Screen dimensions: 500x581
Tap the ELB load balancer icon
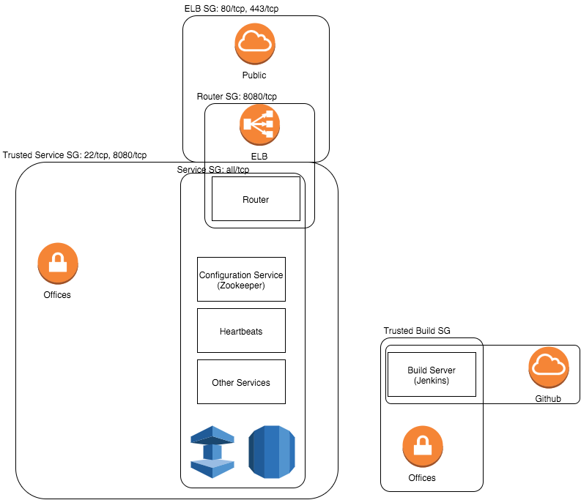(x=259, y=126)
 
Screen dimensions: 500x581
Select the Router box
(x=256, y=199)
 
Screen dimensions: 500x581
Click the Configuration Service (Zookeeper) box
(x=241, y=279)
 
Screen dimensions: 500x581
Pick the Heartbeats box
(x=241, y=331)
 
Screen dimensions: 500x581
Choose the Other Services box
(x=241, y=382)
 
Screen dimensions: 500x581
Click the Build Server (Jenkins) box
(x=431, y=375)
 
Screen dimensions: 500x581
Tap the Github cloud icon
(x=549, y=367)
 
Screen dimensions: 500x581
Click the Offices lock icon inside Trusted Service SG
(x=57, y=264)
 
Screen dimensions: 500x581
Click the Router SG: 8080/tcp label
(x=237, y=97)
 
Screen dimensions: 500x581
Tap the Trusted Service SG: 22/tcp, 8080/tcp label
(x=75, y=155)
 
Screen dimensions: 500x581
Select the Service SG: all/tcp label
(x=213, y=169)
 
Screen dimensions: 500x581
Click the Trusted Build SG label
(x=417, y=331)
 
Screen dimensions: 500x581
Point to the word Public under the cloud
(x=254, y=75)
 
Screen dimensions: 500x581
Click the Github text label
(x=548, y=399)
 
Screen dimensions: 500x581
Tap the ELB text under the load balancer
(x=259, y=156)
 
